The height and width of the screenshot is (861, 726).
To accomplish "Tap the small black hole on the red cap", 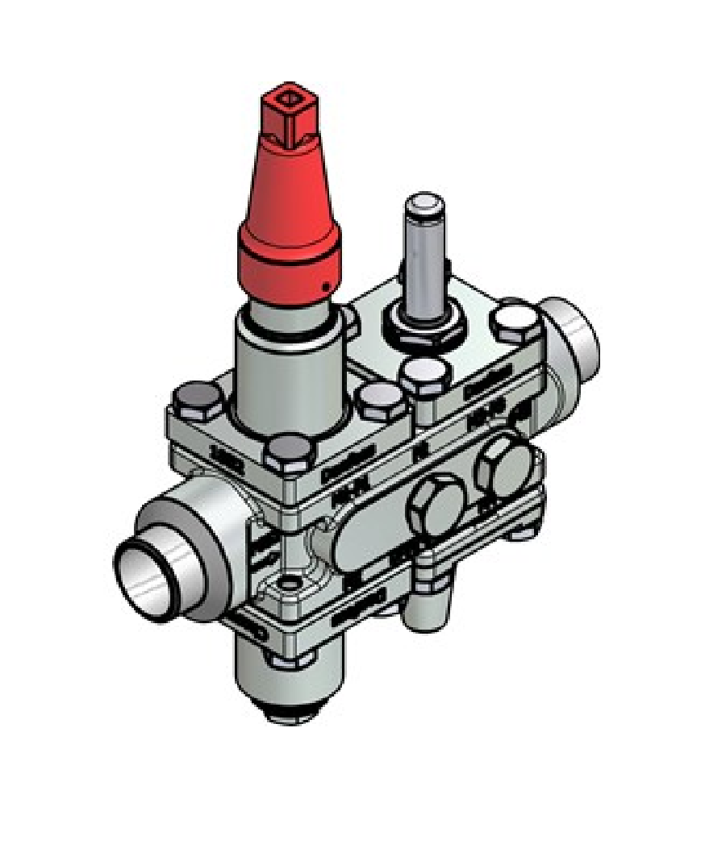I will pos(325,286).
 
